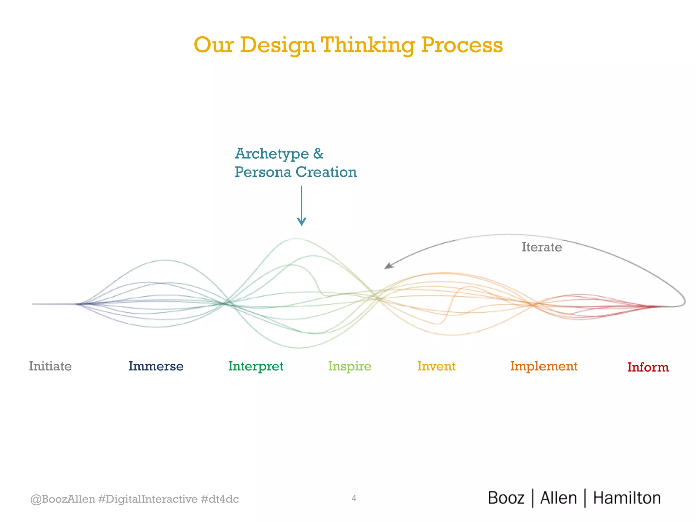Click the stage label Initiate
click(50, 366)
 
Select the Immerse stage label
click(156, 366)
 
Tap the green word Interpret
click(256, 366)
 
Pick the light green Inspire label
click(350, 366)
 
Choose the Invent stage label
click(436, 366)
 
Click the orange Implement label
click(544, 366)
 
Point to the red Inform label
click(648, 367)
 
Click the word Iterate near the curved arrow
click(542, 247)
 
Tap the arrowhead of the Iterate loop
click(388, 266)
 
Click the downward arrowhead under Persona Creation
click(301, 222)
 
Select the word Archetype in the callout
click(272, 154)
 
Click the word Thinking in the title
click(368, 45)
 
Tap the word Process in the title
click(462, 45)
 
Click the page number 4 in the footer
click(354, 498)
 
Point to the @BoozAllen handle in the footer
click(63, 499)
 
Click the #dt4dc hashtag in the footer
click(220, 499)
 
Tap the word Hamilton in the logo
click(627, 498)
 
